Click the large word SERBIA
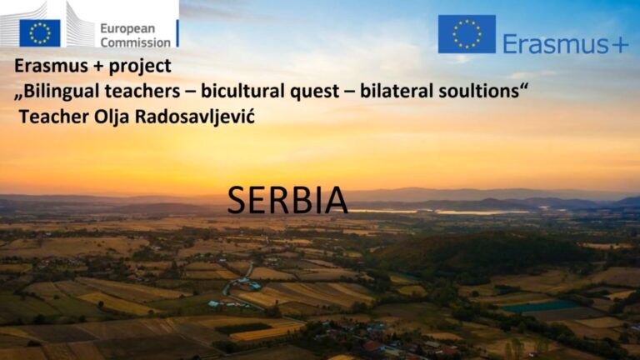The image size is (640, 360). [x=287, y=200]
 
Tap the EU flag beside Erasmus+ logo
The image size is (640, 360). [x=467, y=34]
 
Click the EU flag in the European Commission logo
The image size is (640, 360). [x=40, y=33]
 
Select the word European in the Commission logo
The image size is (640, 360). [x=127, y=28]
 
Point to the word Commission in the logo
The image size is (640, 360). [x=136, y=42]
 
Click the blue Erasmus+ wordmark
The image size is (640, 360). [x=566, y=43]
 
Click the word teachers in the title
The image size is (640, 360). [x=142, y=91]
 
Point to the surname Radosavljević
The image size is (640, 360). [x=195, y=117]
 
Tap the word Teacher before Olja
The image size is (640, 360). [x=54, y=117]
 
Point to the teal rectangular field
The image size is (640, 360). [x=540, y=306]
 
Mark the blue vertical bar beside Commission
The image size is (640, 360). [x=177, y=33]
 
